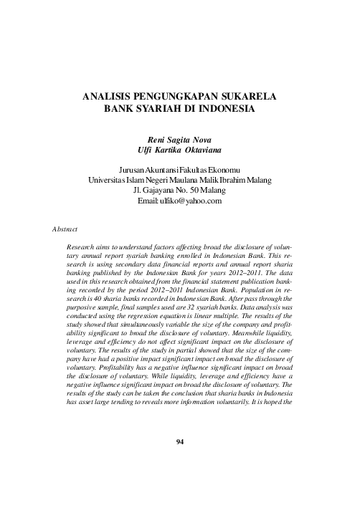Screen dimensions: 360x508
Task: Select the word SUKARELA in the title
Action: (x=250, y=95)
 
